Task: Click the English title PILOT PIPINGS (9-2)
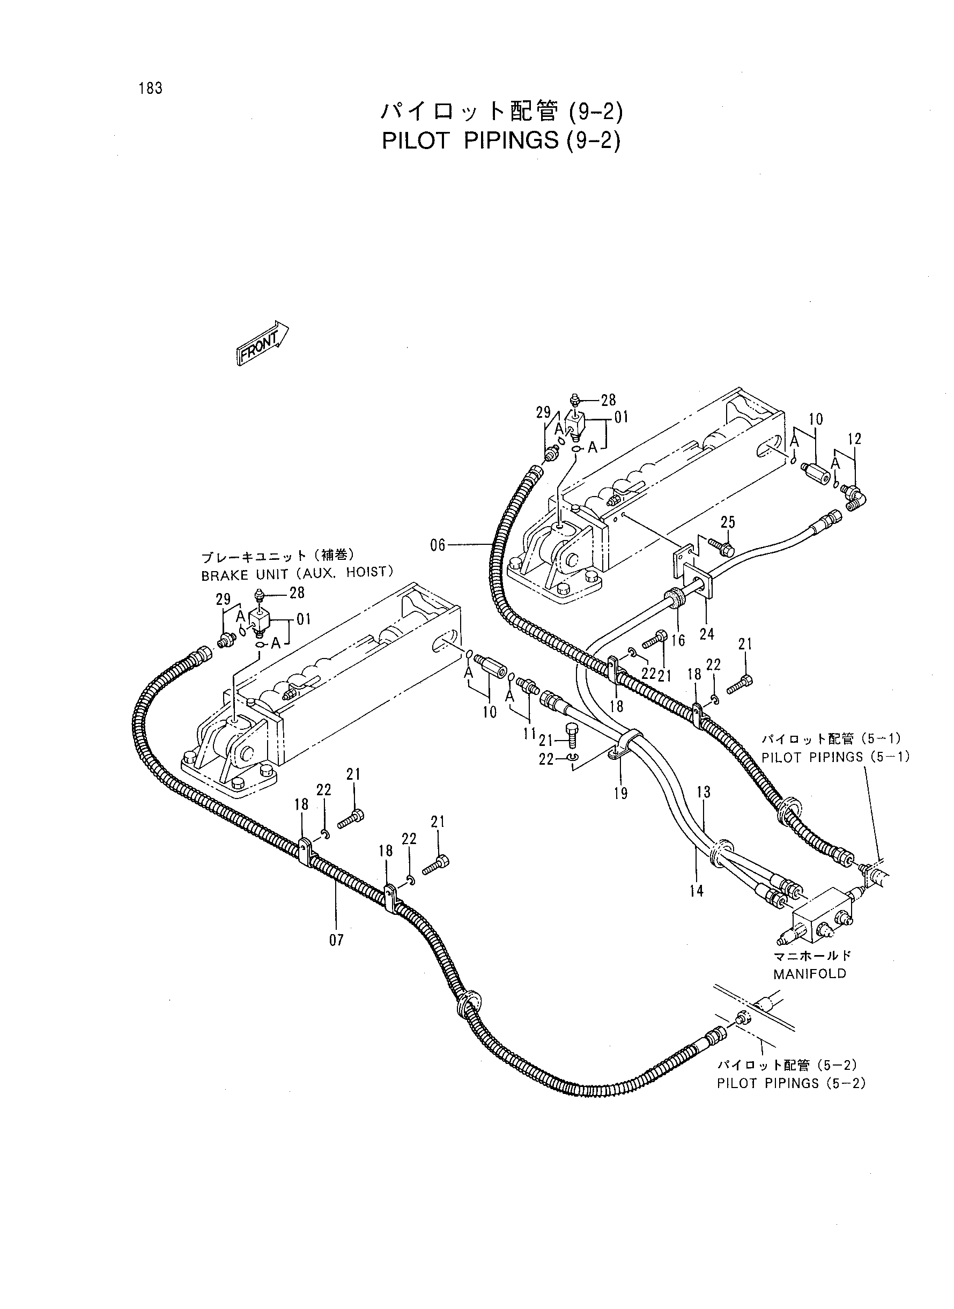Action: coord(501,140)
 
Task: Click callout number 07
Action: coord(336,940)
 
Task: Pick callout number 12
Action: coord(855,439)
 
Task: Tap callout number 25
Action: coord(728,522)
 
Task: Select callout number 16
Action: coord(678,640)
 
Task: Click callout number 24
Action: coord(707,634)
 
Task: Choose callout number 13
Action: coord(704,792)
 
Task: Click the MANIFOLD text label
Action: coord(810,973)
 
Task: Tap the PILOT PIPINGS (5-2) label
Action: coord(791,1083)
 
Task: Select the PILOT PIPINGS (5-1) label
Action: coord(835,757)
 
